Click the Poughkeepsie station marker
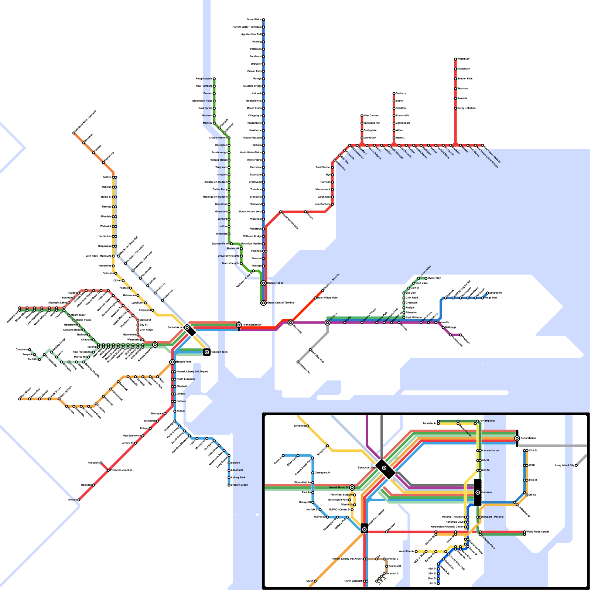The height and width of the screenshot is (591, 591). pyautogui.click(x=214, y=79)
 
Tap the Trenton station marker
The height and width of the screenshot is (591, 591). pyautogui.click(x=79, y=500)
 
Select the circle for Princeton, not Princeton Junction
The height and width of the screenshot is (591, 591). pyautogui.click(x=101, y=463)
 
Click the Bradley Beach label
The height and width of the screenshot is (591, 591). pyautogui.click(x=239, y=485)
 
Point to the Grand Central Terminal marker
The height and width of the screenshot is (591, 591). pyautogui.click(x=263, y=303)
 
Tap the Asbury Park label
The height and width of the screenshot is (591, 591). pyautogui.click(x=238, y=478)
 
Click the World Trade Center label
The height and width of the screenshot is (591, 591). pyautogui.click(x=538, y=532)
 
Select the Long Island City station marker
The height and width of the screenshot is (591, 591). pyautogui.click(x=576, y=465)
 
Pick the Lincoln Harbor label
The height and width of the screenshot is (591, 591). pyautogui.click(x=491, y=450)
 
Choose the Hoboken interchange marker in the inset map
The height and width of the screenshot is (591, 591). pyautogui.click(x=478, y=492)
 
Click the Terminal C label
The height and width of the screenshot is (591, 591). pyautogui.click(x=393, y=559)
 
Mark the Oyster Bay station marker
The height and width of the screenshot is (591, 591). pyautogui.click(x=426, y=278)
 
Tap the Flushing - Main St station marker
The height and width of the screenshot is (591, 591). pyautogui.click(x=322, y=291)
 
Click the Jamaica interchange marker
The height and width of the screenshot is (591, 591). pyautogui.click(x=327, y=322)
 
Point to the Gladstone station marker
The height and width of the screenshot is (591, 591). pyautogui.click(x=30, y=349)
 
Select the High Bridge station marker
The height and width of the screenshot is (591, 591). pyautogui.click(x=20, y=399)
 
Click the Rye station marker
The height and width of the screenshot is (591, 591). pyautogui.click(x=332, y=175)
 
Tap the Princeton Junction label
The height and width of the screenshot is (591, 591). pyautogui.click(x=122, y=470)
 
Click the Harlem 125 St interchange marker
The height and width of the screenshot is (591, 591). pyautogui.click(x=263, y=283)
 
